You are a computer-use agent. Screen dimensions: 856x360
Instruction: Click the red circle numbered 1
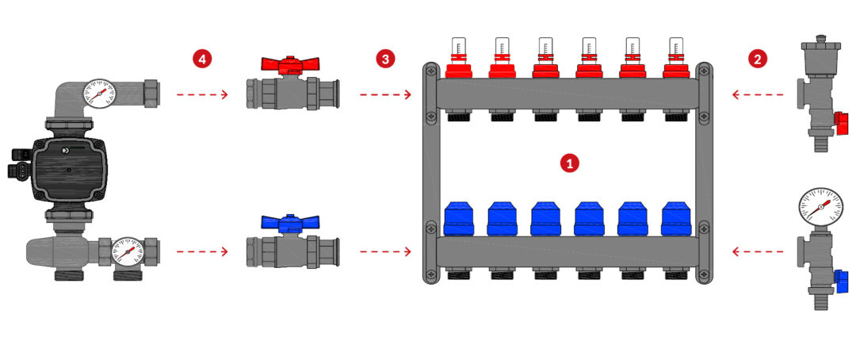[x=569, y=163]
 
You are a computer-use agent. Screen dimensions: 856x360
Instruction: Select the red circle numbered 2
[x=757, y=59]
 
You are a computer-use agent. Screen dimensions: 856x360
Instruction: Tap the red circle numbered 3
[x=385, y=59]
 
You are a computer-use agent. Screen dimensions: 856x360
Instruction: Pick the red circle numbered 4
[x=202, y=59]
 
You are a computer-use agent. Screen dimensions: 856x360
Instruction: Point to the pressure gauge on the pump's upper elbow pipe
[x=99, y=94]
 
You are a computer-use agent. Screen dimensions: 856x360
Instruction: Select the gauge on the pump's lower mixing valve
[x=127, y=252]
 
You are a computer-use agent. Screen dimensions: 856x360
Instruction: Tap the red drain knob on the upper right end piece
[x=842, y=124]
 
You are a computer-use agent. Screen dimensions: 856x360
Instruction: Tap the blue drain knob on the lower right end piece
[x=841, y=280]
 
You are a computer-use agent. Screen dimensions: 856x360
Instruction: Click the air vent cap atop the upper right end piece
[x=816, y=45]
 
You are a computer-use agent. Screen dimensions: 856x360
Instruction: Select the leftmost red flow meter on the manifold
[x=459, y=58]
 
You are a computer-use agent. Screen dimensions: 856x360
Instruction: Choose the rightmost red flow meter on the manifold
[x=676, y=58]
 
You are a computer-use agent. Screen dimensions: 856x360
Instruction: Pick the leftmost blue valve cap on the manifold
[x=459, y=219]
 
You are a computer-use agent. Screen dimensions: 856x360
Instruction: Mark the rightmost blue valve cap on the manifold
[x=676, y=219]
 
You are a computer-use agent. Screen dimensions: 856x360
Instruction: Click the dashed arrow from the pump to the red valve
[x=202, y=95]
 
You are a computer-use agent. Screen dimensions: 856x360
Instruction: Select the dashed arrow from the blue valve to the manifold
[x=385, y=251]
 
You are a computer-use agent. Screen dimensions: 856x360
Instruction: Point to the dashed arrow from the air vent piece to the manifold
[x=758, y=95]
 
